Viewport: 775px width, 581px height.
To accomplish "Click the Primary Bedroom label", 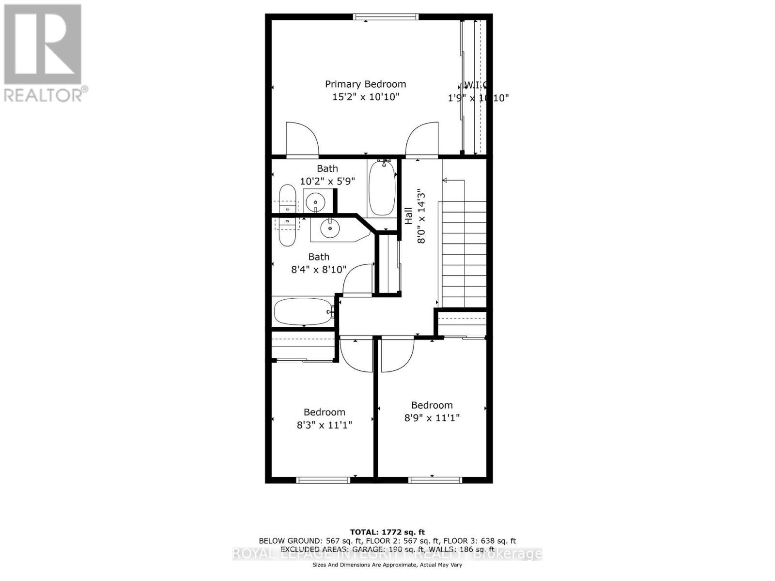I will [365, 84].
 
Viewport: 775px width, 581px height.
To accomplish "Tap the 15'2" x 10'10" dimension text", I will [365, 97].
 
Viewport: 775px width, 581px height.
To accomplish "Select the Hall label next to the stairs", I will [408, 216].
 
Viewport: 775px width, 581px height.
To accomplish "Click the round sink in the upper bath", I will [316, 201].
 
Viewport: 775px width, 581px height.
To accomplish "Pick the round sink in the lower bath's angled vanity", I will [330, 229].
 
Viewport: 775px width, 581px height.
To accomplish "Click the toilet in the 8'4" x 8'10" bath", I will [287, 231].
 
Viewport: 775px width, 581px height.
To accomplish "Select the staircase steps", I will [464, 254].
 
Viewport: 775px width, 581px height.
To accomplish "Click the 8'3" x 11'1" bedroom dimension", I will [324, 425].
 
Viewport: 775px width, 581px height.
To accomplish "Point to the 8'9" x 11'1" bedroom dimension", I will [432, 417].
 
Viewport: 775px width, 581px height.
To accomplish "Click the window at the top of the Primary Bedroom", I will [386, 17].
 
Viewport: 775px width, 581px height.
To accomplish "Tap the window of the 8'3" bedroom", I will [323, 480].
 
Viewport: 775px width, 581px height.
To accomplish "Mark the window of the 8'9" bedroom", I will [435, 480].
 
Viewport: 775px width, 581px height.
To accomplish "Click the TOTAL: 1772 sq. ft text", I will [387, 532].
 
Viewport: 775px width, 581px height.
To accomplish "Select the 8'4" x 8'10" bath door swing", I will [358, 279].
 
